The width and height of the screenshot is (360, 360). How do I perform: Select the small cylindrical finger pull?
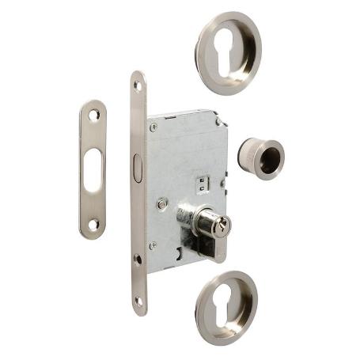(x=260, y=157)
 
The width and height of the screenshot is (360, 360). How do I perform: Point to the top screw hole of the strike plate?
(x=93, y=115)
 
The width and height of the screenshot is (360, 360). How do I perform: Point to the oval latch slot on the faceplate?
(x=138, y=169)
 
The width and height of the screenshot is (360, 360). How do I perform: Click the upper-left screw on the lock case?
(x=153, y=127)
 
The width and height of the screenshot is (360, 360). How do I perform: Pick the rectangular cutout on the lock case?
(x=199, y=184)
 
